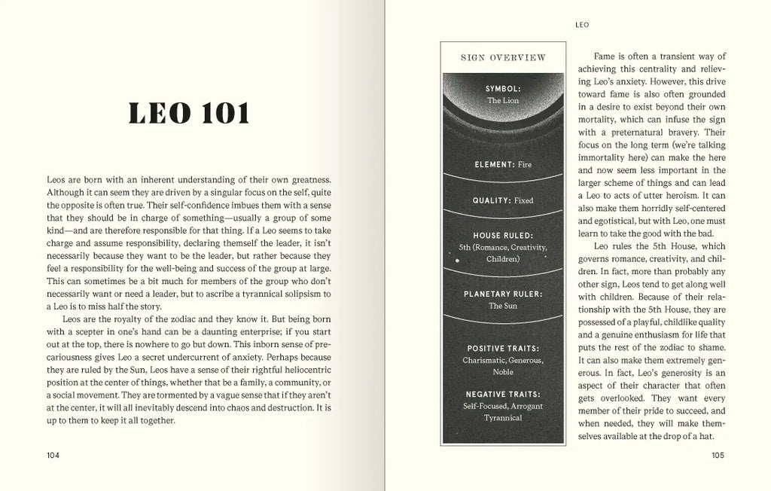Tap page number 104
(x=53, y=455)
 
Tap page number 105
(x=718, y=455)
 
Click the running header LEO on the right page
(x=581, y=25)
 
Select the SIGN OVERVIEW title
(x=503, y=58)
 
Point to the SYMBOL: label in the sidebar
(x=503, y=88)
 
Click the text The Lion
(x=503, y=100)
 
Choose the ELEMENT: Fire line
(x=503, y=164)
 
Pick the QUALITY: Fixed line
(x=503, y=201)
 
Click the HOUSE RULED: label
(x=503, y=235)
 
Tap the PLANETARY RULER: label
(x=503, y=294)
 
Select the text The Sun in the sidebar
(x=503, y=306)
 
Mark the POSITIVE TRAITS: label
(x=503, y=349)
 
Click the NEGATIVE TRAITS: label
(x=503, y=394)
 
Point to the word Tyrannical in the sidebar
(x=503, y=418)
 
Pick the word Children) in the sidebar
(x=503, y=259)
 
